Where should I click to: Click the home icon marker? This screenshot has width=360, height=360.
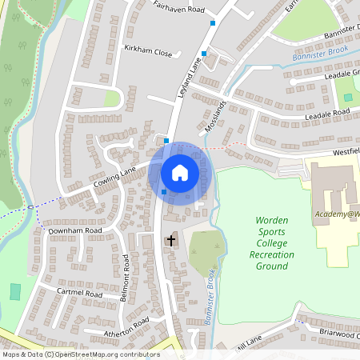(x=180, y=172)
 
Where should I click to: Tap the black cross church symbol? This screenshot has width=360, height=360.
(x=170, y=240)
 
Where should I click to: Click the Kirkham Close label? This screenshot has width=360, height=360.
(x=148, y=51)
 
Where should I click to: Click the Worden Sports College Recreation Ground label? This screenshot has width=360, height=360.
(x=272, y=242)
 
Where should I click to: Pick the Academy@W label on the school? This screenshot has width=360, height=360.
(x=337, y=214)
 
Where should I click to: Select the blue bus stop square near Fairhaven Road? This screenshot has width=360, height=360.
(x=213, y=23)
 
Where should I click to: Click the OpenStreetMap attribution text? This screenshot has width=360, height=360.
(x=80, y=354)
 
